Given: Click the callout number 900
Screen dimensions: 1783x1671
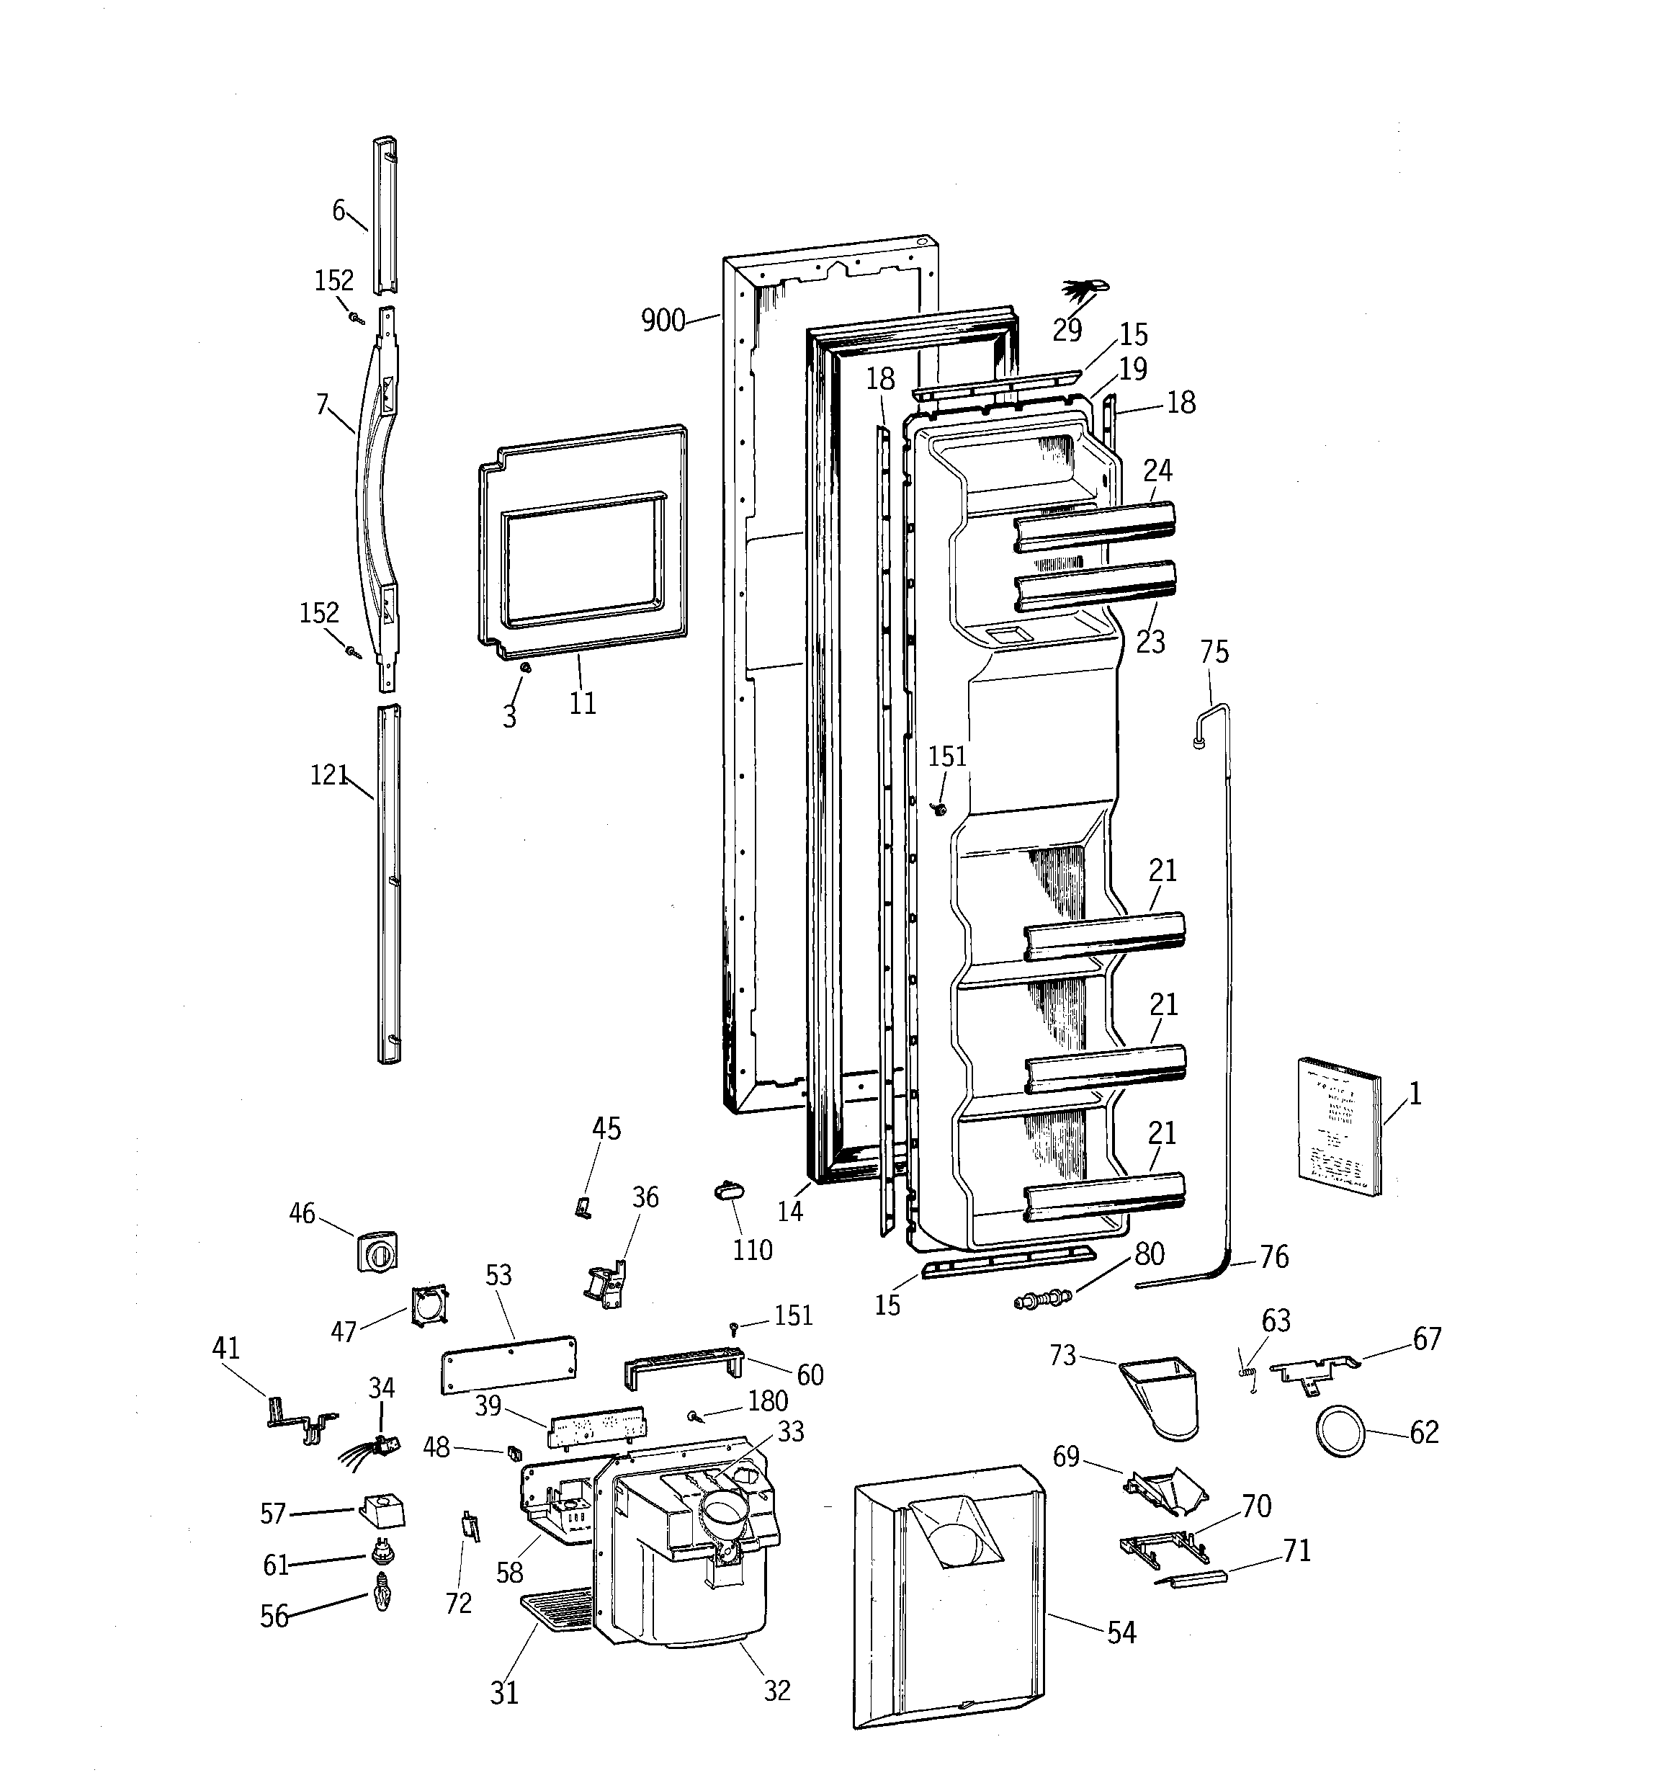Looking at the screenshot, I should pyautogui.click(x=663, y=320).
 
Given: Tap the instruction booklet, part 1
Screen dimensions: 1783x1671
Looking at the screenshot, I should pyautogui.click(x=1339, y=1127).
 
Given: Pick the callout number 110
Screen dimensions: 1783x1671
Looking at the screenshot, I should pyautogui.click(x=752, y=1250).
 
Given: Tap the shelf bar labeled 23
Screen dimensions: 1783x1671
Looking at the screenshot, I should pyautogui.click(x=1094, y=585).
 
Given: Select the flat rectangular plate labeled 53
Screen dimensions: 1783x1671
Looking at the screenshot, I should pyautogui.click(x=509, y=1363).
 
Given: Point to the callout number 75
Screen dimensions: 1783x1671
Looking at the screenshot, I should pyautogui.click(x=1214, y=652).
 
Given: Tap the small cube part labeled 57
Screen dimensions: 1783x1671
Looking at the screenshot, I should pyautogui.click(x=381, y=1511).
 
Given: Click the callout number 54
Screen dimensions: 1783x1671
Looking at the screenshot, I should pyautogui.click(x=1121, y=1633).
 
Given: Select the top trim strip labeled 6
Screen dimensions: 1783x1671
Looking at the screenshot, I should pyautogui.click(x=385, y=215).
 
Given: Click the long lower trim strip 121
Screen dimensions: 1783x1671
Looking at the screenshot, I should pyautogui.click(x=388, y=883).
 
